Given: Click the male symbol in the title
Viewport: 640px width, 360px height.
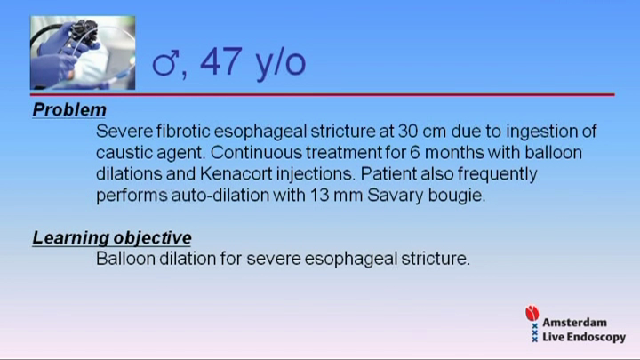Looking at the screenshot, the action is pyautogui.click(x=165, y=62).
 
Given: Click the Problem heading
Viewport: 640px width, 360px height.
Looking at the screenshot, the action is pyautogui.click(x=69, y=110).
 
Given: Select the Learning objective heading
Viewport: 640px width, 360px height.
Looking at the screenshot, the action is pyautogui.click(x=112, y=238).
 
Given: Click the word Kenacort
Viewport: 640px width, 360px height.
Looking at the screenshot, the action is pyautogui.click(x=236, y=174).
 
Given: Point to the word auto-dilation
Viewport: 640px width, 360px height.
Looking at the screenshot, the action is pyautogui.click(x=220, y=196).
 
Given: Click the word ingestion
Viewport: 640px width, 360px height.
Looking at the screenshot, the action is pyautogui.click(x=540, y=132).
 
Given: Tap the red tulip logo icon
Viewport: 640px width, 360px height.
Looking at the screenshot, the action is pyautogui.click(x=532, y=313).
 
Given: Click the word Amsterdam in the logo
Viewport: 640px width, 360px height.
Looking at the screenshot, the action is pyautogui.click(x=574, y=323).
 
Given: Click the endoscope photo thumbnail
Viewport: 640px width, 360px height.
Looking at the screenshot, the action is pyautogui.click(x=83, y=52).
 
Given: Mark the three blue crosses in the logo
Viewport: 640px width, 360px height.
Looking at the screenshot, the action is pyautogui.click(x=535, y=332).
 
